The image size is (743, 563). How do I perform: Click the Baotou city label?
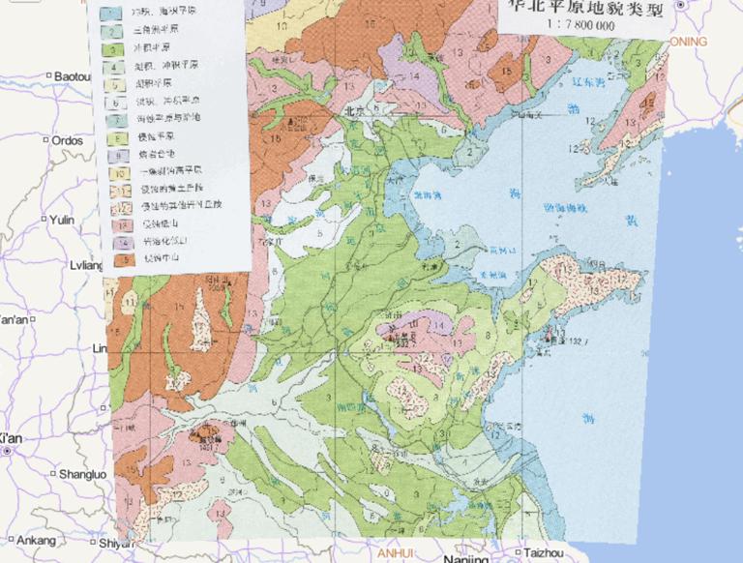[x=72, y=75]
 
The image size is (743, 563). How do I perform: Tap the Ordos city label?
[x=67, y=140]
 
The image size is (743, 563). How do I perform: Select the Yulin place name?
[x=62, y=220]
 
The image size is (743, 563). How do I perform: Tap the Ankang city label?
[x=37, y=540]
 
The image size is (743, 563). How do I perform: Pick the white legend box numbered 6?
[x=115, y=101]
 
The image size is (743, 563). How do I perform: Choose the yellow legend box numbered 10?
[x=120, y=170]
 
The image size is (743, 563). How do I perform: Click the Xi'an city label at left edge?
[x=9, y=438]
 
